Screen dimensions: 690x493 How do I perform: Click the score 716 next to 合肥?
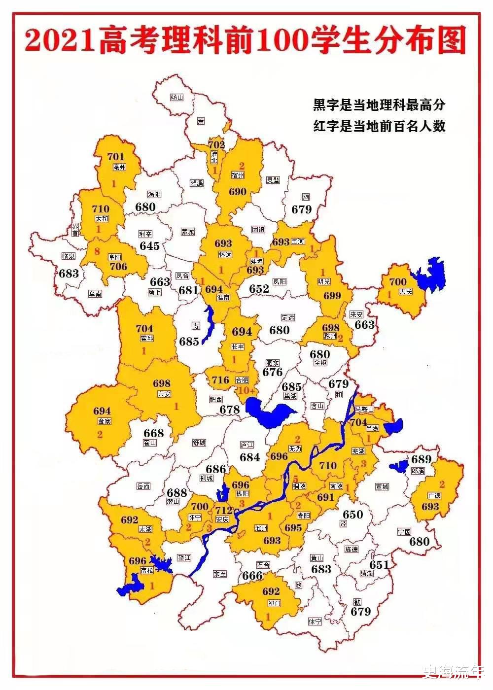(221, 380)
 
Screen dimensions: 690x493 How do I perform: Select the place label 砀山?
(176, 98)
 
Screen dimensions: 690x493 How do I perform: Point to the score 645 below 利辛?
(149, 245)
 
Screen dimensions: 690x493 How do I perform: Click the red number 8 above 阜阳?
(97, 251)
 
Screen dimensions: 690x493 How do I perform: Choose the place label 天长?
(405, 291)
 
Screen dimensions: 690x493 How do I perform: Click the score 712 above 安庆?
(223, 510)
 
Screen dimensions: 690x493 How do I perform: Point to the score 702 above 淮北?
(216, 145)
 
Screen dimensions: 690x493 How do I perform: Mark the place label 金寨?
(105, 421)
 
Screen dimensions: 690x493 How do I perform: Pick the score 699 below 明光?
(332, 296)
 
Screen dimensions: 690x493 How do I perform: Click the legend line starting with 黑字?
(379, 105)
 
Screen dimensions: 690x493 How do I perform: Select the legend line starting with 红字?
(379, 126)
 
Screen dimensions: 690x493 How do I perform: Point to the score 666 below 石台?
(252, 576)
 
